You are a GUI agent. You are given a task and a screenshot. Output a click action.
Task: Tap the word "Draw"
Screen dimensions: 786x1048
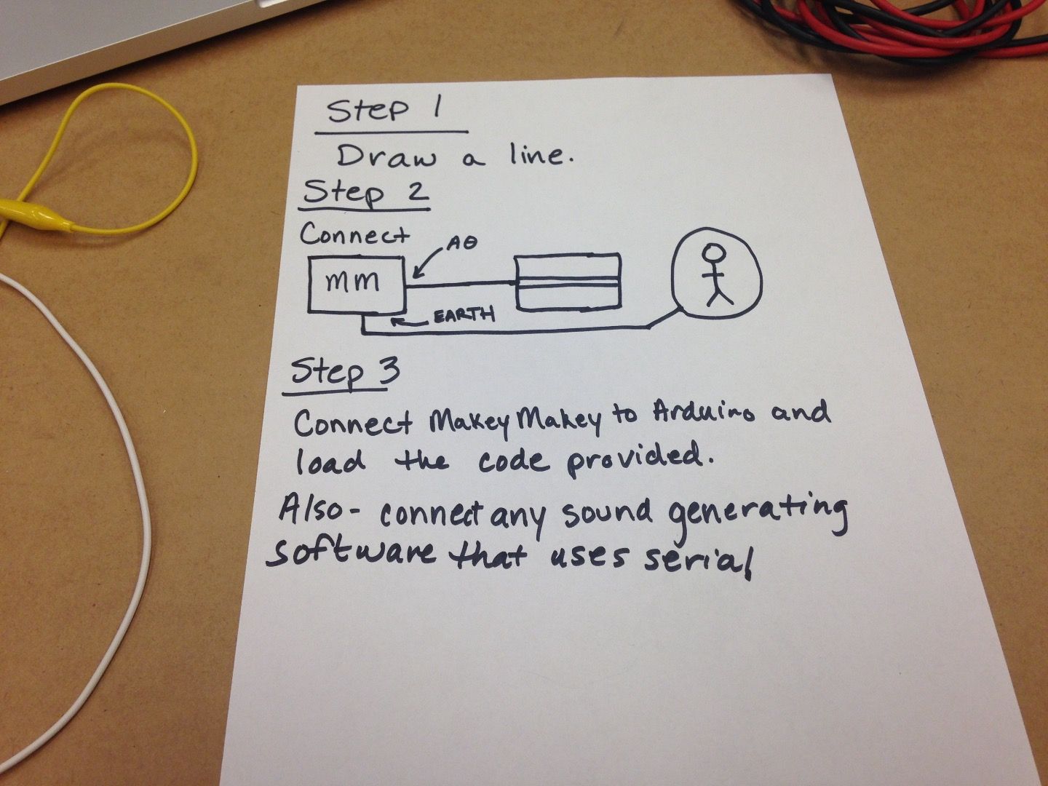(386, 157)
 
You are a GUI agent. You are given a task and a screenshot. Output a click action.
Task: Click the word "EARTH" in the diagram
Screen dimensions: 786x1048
(464, 316)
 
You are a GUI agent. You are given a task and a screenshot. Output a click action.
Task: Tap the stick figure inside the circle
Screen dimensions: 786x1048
(715, 274)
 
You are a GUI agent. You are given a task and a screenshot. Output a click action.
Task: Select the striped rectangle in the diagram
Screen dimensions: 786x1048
(568, 282)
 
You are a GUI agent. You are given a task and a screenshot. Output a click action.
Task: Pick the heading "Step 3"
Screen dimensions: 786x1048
(345, 372)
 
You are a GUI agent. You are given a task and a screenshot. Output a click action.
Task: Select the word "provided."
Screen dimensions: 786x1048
(636, 460)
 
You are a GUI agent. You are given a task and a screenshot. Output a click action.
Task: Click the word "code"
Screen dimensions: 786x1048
(513, 461)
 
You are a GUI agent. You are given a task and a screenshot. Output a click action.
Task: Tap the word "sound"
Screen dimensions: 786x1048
(607, 514)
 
